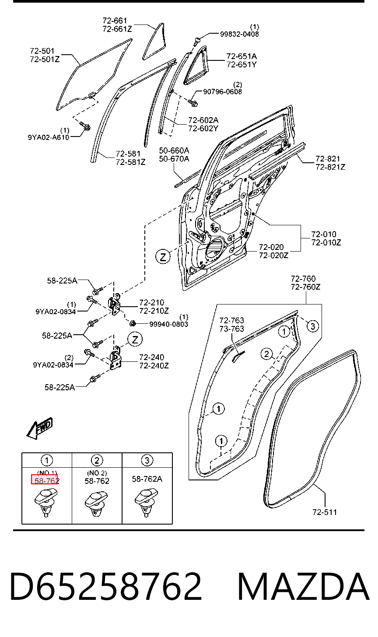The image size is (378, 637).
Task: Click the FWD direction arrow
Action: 40,428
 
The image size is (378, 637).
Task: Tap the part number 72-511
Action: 325,512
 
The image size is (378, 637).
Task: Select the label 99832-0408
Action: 239,34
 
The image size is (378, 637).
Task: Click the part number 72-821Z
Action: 330,167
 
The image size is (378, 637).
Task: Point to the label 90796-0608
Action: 222,91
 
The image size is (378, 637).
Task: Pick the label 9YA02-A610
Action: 49,137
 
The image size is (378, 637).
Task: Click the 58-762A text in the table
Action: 147,479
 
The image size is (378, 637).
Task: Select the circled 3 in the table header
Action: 147,460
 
